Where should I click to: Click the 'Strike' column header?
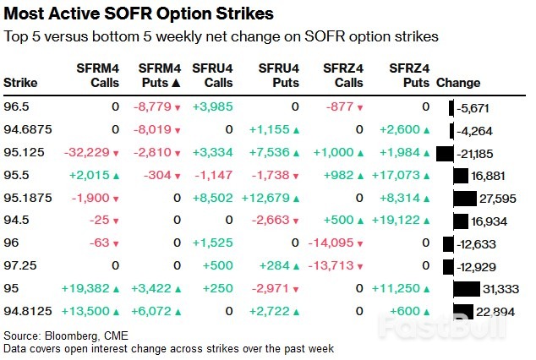click(20, 83)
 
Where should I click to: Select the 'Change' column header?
click(457, 83)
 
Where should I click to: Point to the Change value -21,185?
click(477, 153)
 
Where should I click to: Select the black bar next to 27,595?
click(464, 199)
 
